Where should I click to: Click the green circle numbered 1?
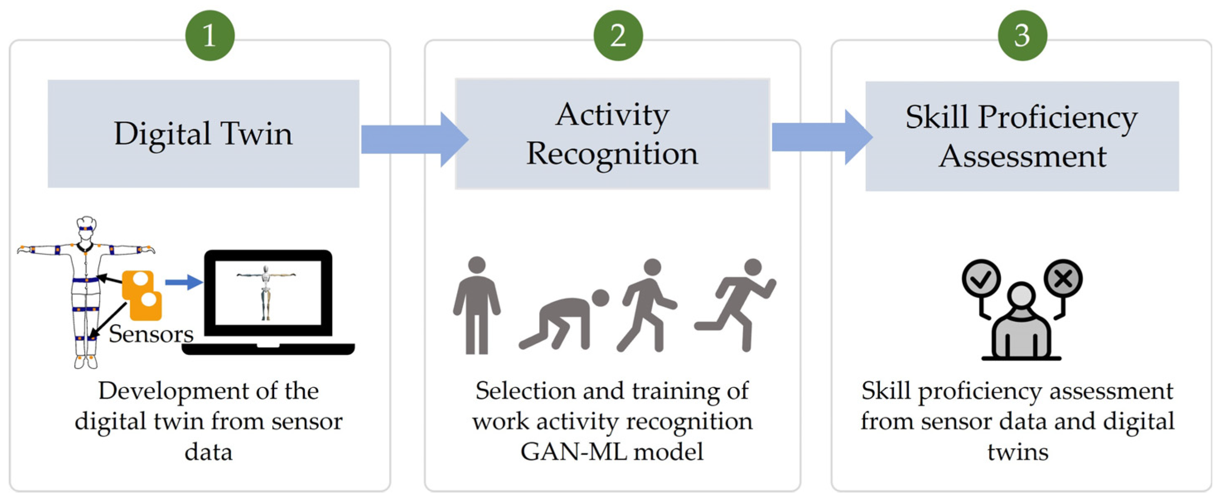(x=210, y=36)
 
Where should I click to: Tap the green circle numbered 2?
(x=618, y=36)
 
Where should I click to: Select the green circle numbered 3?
(x=1022, y=36)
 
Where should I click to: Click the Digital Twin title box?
(x=203, y=134)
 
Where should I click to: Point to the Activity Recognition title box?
(x=612, y=134)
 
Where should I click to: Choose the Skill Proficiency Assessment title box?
(x=1022, y=136)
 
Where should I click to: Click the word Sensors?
(x=151, y=334)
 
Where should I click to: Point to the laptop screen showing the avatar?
(x=268, y=292)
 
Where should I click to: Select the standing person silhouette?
(x=477, y=306)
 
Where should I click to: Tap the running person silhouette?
(x=737, y=304)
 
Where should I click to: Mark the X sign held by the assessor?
(x=1063, y=279)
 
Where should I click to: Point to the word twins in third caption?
(x=1018, y=452)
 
